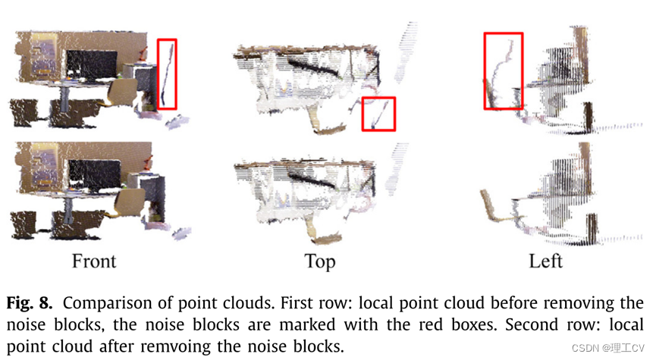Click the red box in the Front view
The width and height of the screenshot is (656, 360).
167,74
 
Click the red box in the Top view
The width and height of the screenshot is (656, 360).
378,114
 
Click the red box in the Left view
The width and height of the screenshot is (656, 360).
504,70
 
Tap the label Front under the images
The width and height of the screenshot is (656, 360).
94,261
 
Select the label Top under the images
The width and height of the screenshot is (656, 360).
319,261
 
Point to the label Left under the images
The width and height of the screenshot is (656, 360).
546,261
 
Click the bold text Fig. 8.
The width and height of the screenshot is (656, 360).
30,303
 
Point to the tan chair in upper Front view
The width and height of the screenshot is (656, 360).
121,94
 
